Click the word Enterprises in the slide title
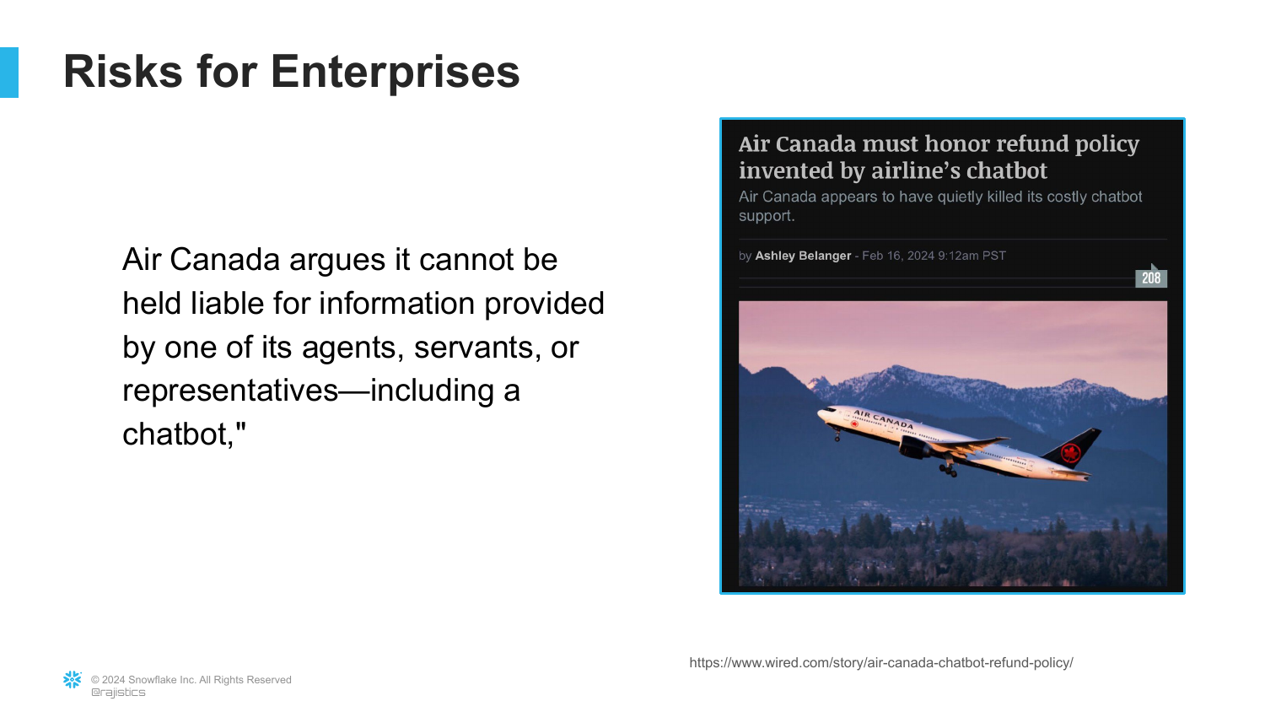(395, 73)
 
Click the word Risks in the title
(123, 71)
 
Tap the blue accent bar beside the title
(9, 73)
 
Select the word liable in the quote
(227, 303)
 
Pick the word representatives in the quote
(230, 391)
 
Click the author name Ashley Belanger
(803, 256)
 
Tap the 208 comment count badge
(1151, 278)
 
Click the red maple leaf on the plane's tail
(1069, 452)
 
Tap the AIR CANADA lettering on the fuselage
(883, 419)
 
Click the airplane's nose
(820, 413)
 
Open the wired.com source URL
(881, 663)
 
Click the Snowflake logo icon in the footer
(73, 680)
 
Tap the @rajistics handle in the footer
(118, 693)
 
